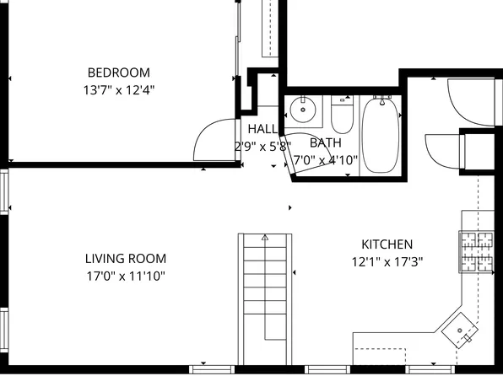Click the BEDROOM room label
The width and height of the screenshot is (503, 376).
pos(119,72)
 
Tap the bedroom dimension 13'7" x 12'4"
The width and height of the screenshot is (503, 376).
pos(119,88)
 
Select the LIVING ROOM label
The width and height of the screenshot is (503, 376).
pos(126,259)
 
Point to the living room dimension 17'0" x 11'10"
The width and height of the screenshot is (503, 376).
pos(126,276)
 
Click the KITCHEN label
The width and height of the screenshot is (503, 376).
pos(387,244)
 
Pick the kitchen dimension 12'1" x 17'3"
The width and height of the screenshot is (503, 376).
pos(387,261)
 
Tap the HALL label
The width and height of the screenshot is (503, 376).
pos(262,129)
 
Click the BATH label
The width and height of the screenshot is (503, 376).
pos(325,143)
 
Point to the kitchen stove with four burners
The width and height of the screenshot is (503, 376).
pos(475,251)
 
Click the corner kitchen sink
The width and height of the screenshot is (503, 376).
pos(462,329)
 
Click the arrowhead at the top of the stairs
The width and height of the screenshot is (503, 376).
pos(265,238)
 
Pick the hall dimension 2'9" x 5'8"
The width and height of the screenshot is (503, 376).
pos(262,145)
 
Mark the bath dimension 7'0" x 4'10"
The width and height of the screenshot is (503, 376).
pos(326,159)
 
